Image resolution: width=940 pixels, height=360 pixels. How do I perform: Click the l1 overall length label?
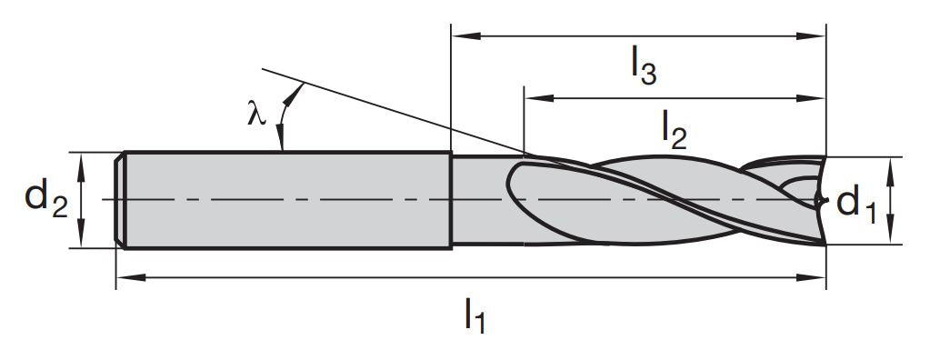pos(475,315)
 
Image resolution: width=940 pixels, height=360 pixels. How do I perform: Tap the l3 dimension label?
pos(643,69)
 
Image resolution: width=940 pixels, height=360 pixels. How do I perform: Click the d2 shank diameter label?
pos(46,199)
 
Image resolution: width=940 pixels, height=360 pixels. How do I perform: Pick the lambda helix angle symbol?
pos(256,113)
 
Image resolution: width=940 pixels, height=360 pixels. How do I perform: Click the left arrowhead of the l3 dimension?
pos(460,36)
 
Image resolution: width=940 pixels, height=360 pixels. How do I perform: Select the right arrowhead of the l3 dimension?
pos(818,36)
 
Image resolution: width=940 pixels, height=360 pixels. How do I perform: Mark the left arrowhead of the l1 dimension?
pos(124,277)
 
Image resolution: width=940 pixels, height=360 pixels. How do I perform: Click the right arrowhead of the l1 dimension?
pos(818,277)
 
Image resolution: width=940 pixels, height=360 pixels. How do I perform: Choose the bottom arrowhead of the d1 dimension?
pos(892,236)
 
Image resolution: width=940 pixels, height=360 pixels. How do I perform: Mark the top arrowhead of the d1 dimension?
pos(892,164)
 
